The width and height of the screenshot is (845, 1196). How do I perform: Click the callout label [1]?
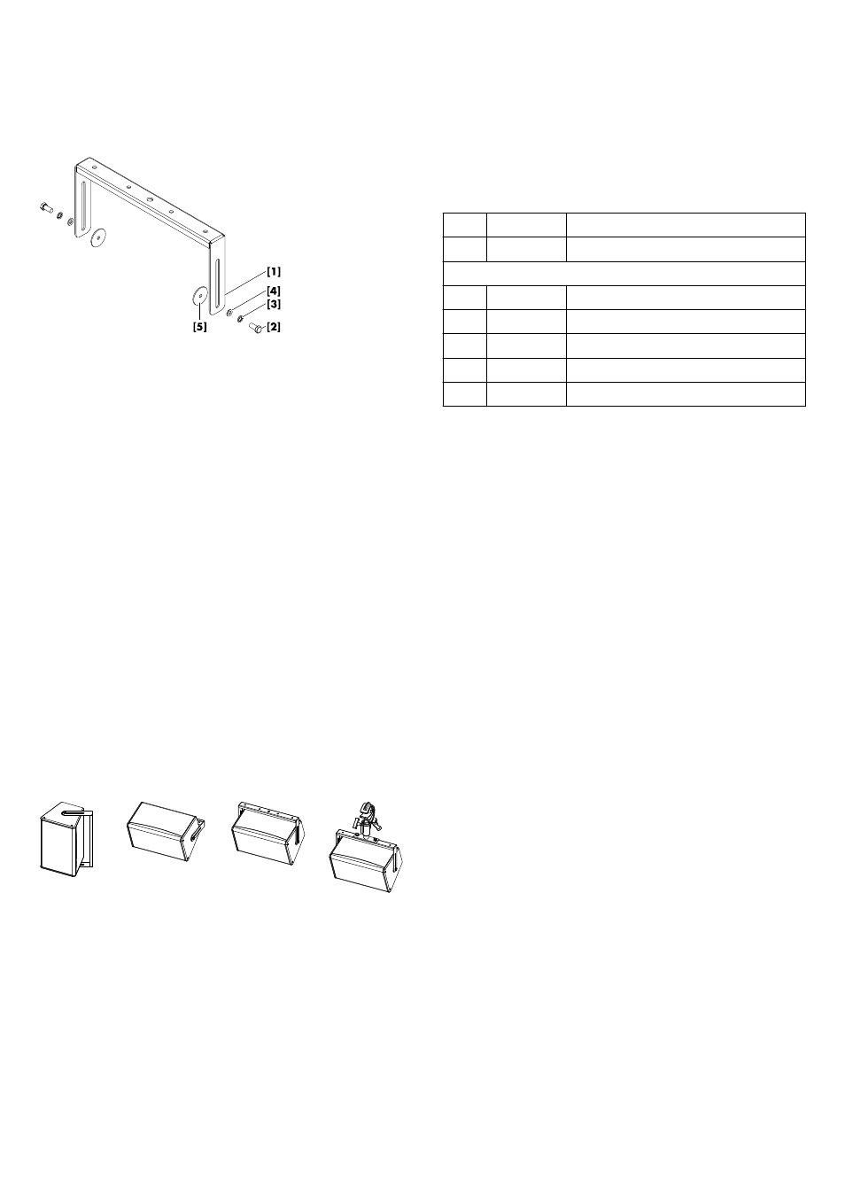pyautogui.click(x=274, y=272)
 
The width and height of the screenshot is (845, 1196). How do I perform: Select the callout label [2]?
pyautogui.click(x=274, y=327)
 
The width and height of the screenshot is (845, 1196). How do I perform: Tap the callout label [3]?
pyautogui.click(x=274, y=305)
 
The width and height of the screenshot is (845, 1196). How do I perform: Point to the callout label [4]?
pyautogui.click(x=274, y=291)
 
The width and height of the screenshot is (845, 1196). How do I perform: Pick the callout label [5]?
pyautogui.click(x=199, y=327)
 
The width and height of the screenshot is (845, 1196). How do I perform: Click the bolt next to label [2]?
pyautogui.click(x=256, y=327)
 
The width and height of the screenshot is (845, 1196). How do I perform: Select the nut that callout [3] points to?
pyautogui.click(x=241, y=319)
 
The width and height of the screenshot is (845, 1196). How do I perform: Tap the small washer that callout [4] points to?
pyautogui.click(x=229, y=312)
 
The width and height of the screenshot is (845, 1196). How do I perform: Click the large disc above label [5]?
pyautogui.click(x=199, y=294)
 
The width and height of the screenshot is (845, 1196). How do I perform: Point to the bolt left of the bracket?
pyautogui.click(x=46, y=207)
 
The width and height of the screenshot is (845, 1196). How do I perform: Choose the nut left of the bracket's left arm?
pyautogui.click(x=60, y=214)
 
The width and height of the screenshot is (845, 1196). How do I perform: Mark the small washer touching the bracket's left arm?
pyautogui.click(x=71, y=221)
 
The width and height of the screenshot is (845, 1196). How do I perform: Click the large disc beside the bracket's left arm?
pyautogui.click(x=98, y=237)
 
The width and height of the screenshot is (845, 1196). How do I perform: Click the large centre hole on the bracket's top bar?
pyautogui.click(x=150, y=198)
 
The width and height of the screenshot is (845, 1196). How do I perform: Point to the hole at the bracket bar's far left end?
pyautogui.click(x=94, y=167)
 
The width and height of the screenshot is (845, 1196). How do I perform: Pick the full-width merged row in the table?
pyautogui.click(x=624, y=274)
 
